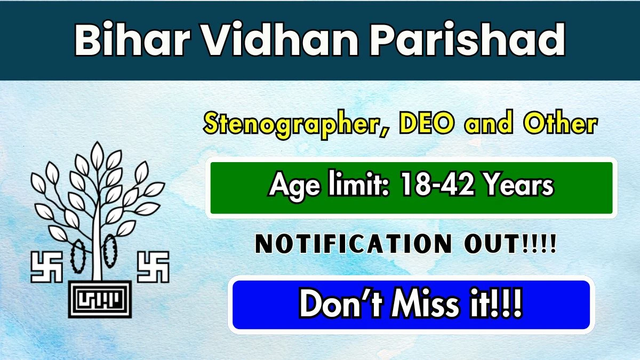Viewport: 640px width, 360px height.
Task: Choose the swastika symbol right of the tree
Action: click(153, 267)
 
